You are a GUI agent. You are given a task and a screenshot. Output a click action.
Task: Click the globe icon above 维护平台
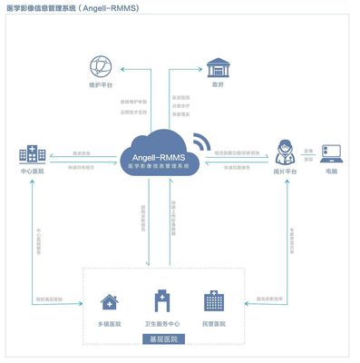(99, 66)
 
